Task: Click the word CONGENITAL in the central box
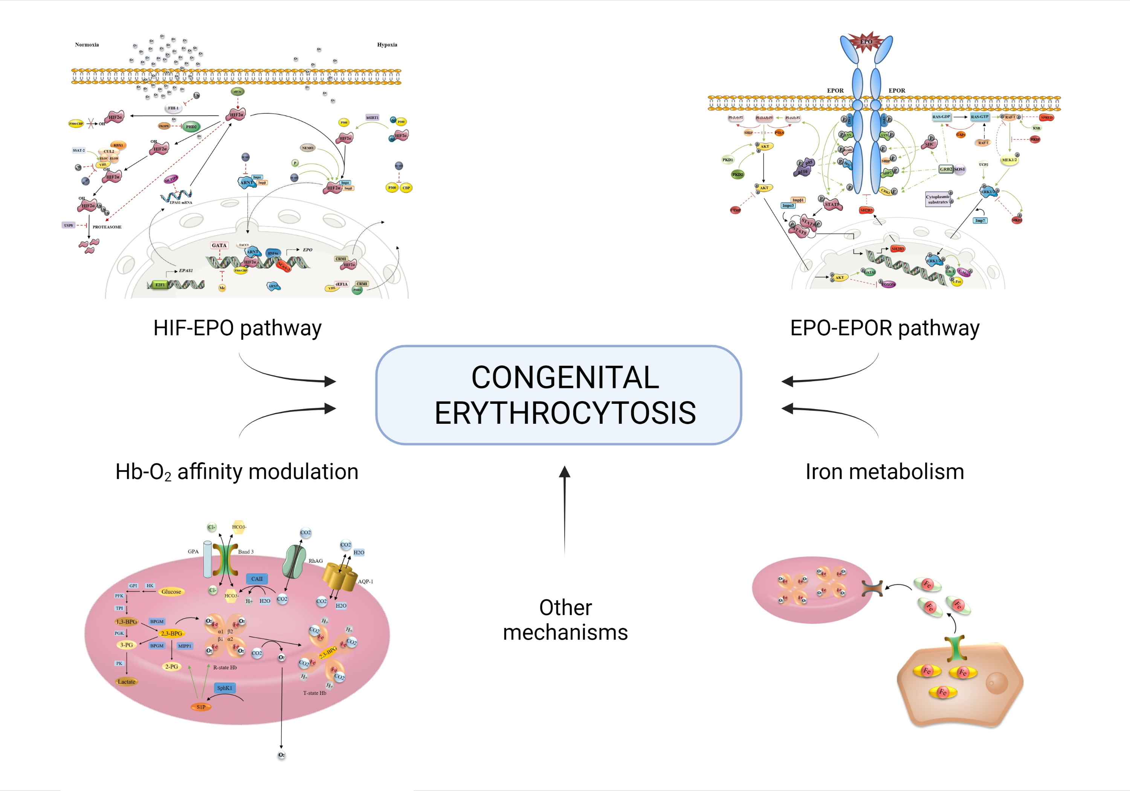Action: [x=565, y=377]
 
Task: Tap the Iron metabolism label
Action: [x=884, y=472]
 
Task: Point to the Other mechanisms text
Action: [x=565, y=620]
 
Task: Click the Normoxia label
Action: [x=87, y=45]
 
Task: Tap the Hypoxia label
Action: [x=387, y=45]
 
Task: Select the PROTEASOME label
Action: [x=107, y=227]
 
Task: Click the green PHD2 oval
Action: [x=191, y=127]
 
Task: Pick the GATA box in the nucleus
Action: [x=219, y=245]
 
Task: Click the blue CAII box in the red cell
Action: [x=257, y=579]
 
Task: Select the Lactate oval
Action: [x=127, y=682]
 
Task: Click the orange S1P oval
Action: [x=201, y=707]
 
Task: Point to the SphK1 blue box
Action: [x=224, y=688]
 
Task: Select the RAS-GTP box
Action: [x=979, y=117]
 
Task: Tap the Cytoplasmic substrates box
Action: [x=938, y=199]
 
